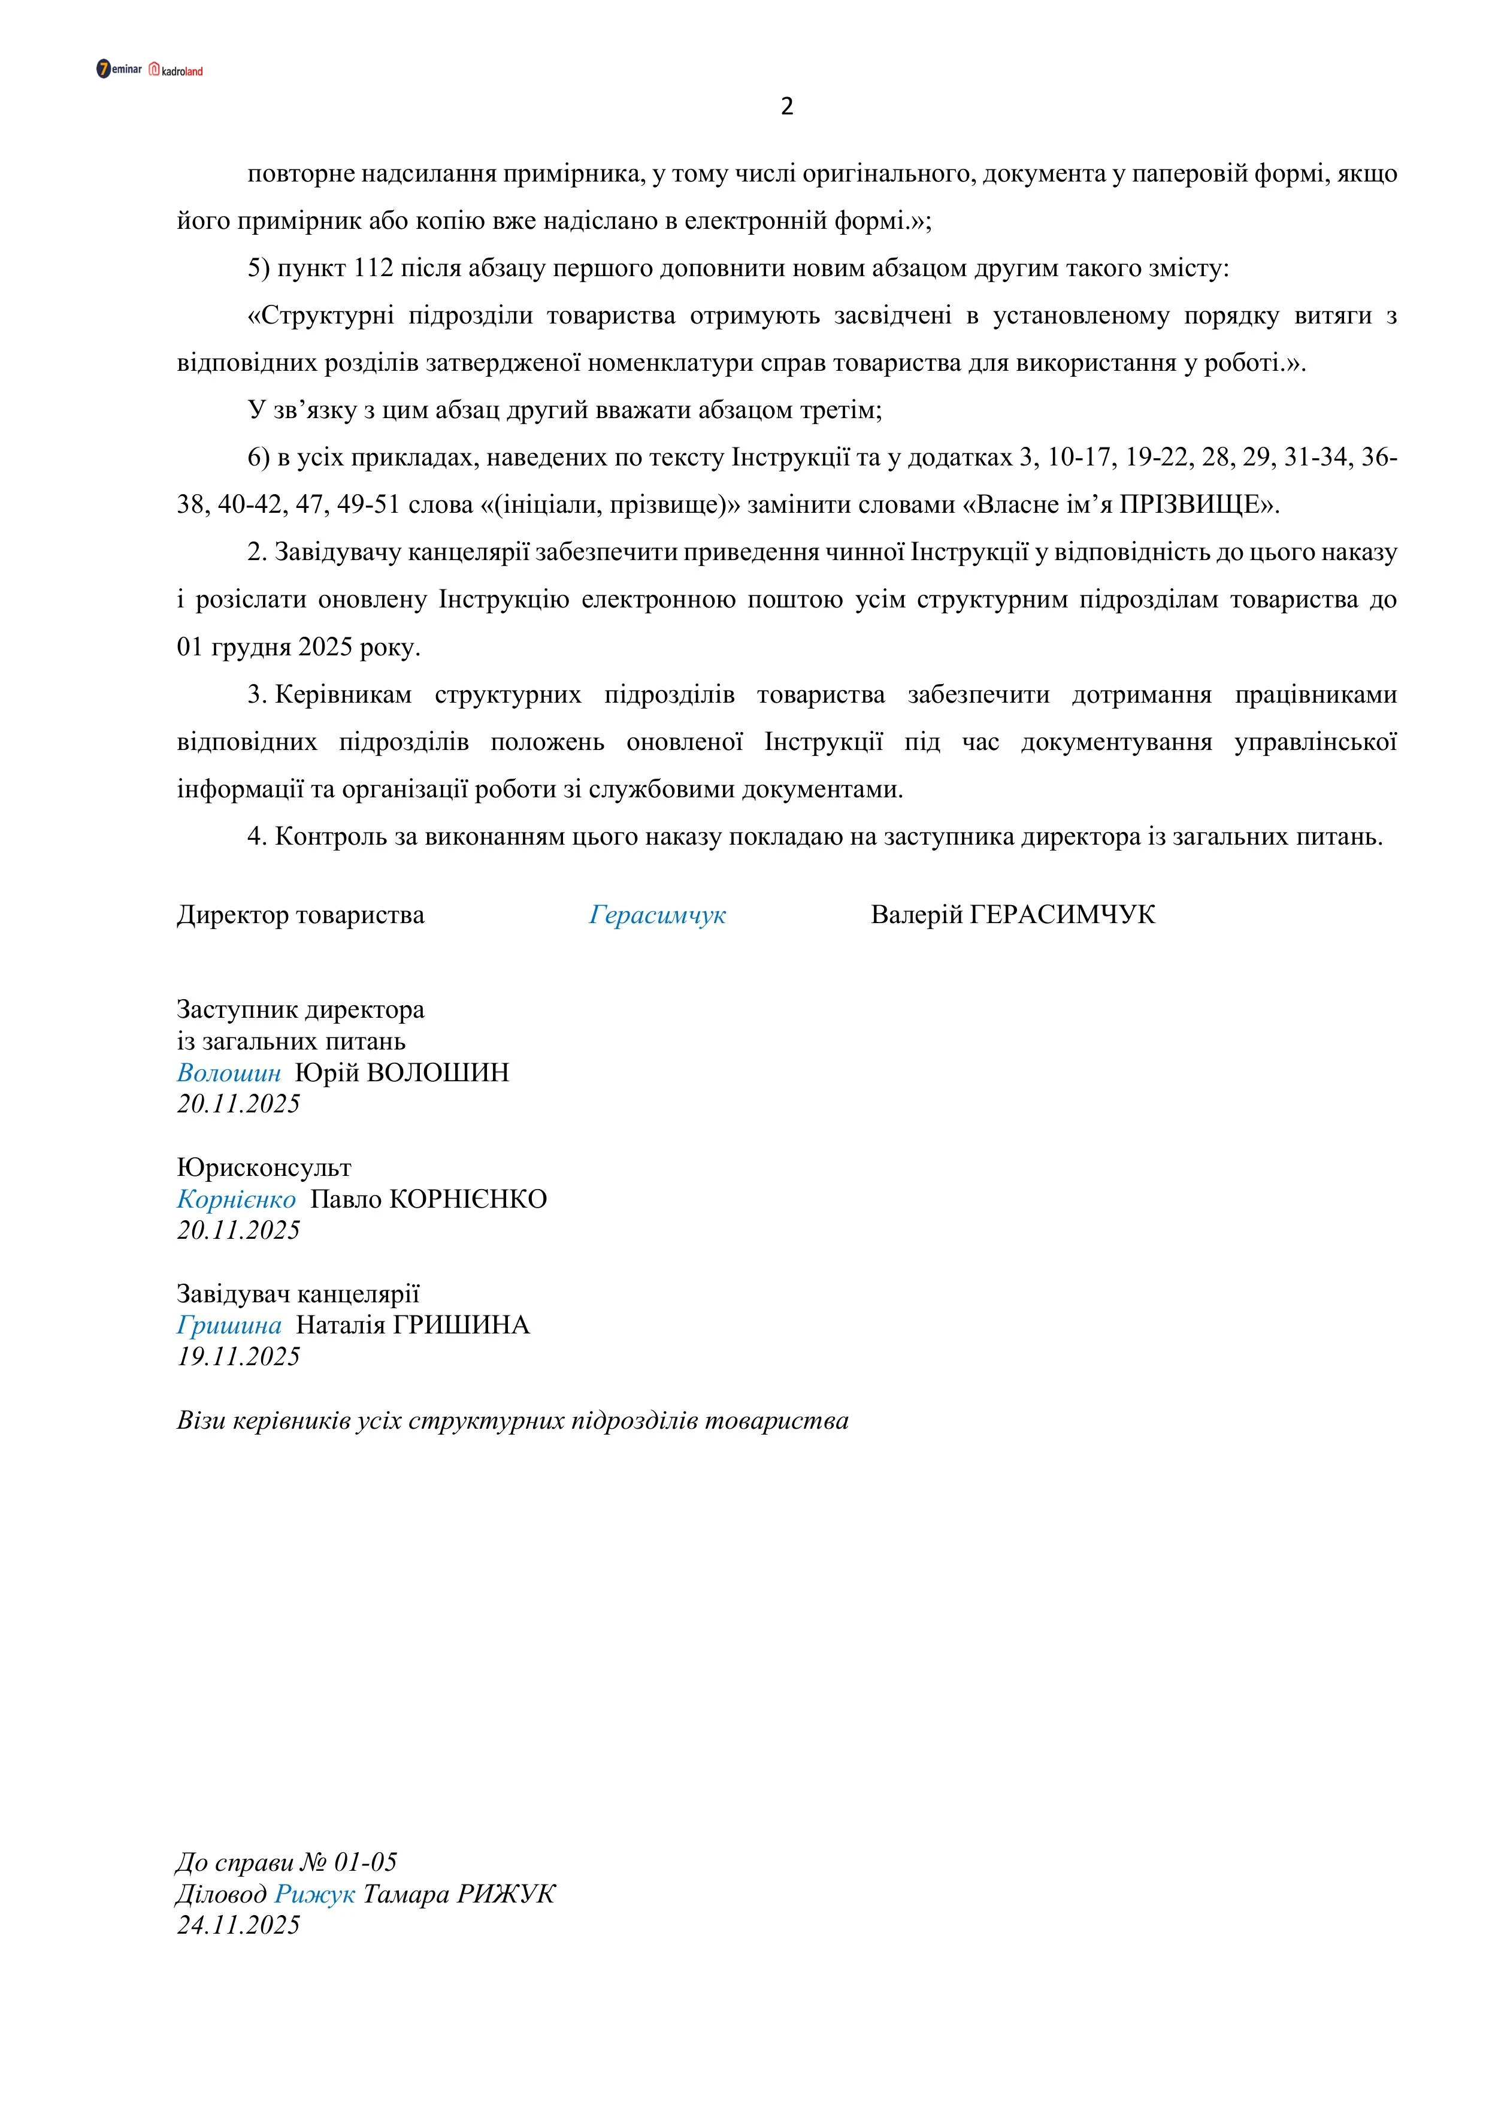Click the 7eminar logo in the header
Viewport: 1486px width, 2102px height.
coord(119,69)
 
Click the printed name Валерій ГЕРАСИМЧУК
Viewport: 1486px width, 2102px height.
coord(1013,915)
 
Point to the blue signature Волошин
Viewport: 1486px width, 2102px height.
coord(229,1072)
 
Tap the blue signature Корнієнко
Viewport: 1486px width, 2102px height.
coord(236,1199)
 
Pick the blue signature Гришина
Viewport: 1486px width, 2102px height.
coord(229,1324)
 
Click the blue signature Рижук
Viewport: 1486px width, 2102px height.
coord(315,1894)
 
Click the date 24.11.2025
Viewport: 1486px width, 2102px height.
coord(238,1925)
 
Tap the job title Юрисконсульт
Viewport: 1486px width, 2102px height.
coord(264,1168)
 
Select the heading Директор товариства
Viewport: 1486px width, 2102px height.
coord(300,915)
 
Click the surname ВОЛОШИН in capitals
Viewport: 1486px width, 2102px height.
coord(438,1072)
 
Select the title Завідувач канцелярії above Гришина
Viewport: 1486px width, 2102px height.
coord(298,1294)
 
